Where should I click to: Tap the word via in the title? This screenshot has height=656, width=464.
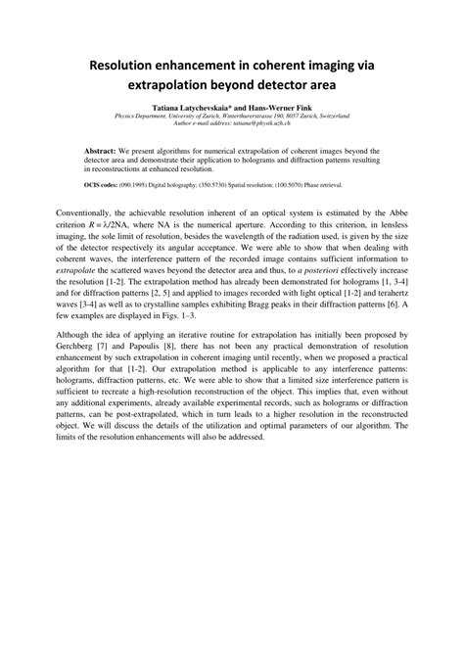(364, 66)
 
